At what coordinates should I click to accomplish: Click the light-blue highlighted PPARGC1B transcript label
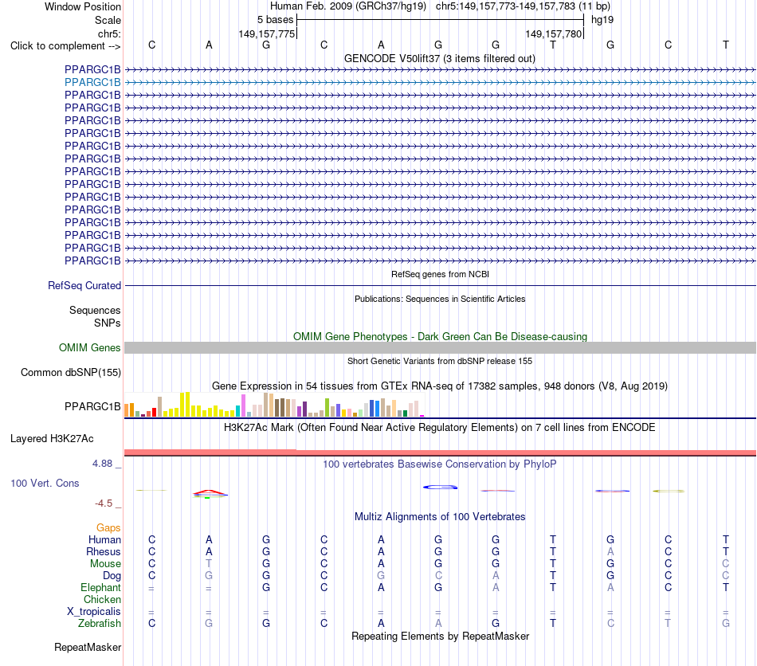[92, 83]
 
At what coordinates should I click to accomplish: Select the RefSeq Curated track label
[84, 286]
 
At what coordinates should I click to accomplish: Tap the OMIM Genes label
[90, 347]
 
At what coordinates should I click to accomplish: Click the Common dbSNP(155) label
[71, 373]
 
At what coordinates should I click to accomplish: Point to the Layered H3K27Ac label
[52, 439]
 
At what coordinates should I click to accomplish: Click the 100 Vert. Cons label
[45, 483]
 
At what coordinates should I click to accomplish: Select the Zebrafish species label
[100, 624]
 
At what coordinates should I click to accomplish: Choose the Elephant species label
[101, 587]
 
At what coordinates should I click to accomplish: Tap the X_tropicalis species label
[94, 612]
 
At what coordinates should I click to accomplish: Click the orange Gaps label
[108, 528]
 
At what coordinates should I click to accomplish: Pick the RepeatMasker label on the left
[88, 647]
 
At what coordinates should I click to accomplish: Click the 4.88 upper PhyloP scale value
[102, 464]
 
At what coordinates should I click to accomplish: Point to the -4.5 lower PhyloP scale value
[104, 503]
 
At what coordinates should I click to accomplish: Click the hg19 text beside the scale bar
[602, 20]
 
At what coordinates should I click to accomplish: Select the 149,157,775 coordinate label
[266, 33]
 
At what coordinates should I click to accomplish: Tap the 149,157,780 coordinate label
[553, 33]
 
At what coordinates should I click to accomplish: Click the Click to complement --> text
[65, 46]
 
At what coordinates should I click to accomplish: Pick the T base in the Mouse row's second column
[209, 564]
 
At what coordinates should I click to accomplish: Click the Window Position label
[83, 6]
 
